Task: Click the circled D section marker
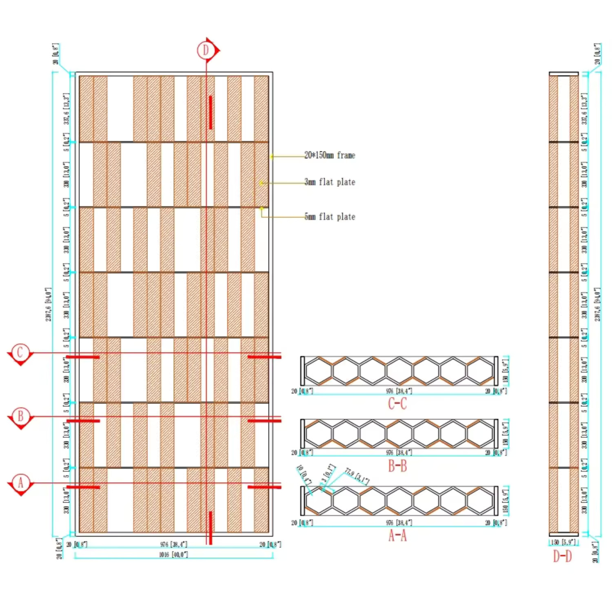point(206,50)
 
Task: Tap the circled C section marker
point(20,353)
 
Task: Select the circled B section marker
point(20,417)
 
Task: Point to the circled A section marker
point(20,483)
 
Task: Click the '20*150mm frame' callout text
point(330,155)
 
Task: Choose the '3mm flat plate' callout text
point(330,182)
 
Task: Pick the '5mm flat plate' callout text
point(330,217)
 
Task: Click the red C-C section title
point(397,404)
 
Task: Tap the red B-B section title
point(397,466)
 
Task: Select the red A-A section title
point(397,535)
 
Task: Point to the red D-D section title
point(562,556)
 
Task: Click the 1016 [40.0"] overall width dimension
point(173,554)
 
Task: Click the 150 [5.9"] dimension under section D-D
point(563,543)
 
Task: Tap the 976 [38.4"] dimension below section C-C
point(399,391)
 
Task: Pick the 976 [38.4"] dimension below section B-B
point(399,452)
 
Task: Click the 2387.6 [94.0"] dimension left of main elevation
point(49,304)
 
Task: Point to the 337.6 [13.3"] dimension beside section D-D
point(584,109)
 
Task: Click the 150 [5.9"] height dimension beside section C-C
point(506,371)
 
